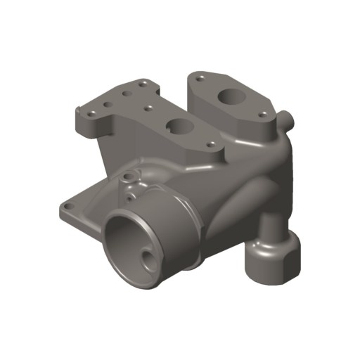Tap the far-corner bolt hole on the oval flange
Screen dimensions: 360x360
pyautogui.click(x=202, y=74)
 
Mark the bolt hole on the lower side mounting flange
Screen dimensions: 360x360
pyautogui.click(x=67, y=206)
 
